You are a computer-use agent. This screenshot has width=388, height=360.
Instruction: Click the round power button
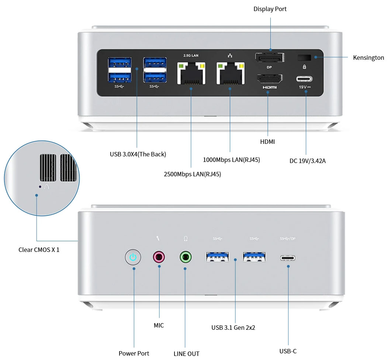(x=133, y=257)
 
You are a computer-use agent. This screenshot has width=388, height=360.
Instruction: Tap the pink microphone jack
(x=159, y=256)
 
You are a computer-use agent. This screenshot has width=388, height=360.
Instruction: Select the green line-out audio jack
(x=186, y=257)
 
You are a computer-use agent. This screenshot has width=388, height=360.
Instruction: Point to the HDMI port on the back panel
(x=270, y=79)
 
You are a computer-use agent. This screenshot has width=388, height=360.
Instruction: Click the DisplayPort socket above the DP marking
(x=270, y=58)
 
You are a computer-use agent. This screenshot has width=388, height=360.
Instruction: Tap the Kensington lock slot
(x=304, y=58)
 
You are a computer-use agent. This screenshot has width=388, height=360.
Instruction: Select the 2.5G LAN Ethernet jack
(x=191, y=73)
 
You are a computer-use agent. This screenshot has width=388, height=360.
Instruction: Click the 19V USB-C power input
(x=304, y=79)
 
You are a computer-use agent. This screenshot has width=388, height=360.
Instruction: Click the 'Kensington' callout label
(x=368, y=58)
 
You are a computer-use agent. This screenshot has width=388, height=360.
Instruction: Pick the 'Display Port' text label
(x=270, y=9)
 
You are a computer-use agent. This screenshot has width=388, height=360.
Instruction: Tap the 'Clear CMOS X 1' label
(x=39, y=250)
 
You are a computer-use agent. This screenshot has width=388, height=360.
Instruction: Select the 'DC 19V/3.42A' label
(x=307, y=161)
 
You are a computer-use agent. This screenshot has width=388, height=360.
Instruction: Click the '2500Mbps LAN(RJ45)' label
(x=192, y=174)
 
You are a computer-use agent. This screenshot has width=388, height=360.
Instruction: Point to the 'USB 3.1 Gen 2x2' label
(x=233, y=327)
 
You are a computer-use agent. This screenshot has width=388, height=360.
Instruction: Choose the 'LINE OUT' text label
(x=186, y=354)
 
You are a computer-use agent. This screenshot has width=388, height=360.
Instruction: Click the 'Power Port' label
(x=134, y=353)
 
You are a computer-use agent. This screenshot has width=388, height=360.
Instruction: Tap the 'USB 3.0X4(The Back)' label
(x=138, y=154)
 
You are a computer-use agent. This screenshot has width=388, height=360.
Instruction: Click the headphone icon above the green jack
(x=186, y=239)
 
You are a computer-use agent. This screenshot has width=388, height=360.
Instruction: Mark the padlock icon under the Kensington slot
(x=304, y=67)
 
